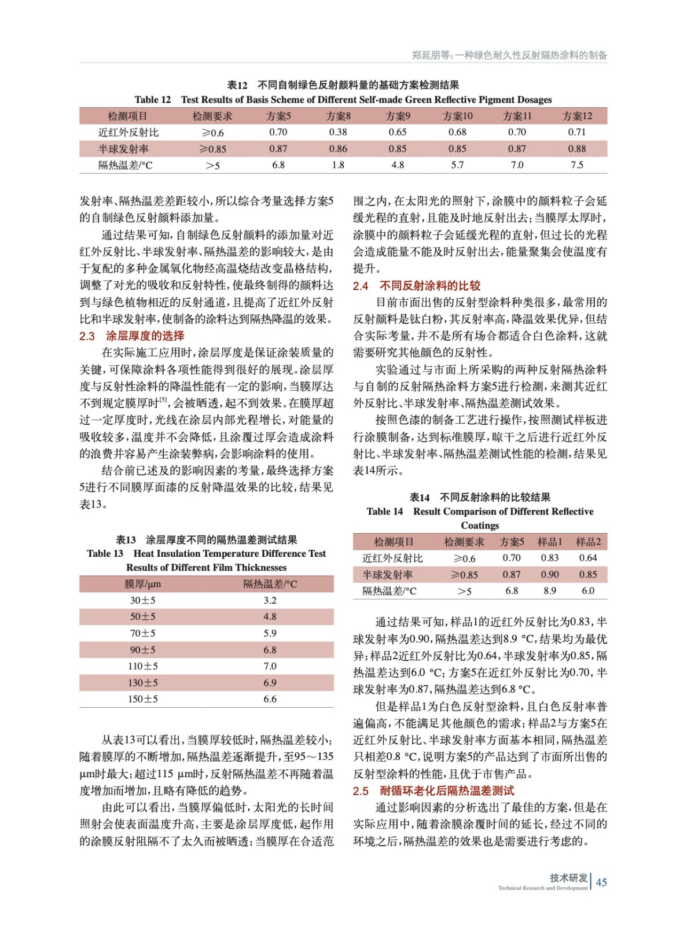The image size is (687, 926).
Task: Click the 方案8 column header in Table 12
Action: click(x=338, y=116)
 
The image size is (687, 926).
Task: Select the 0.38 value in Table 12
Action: click(x=338, y=132)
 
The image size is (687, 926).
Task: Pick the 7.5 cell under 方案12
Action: click(x=576, y=165)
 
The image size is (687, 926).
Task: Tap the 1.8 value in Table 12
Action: click(x=338, y=165)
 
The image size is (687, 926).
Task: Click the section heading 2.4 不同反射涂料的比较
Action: click(x=417, y=285)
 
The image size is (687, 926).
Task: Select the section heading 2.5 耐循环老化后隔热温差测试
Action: click(x=433, y=791)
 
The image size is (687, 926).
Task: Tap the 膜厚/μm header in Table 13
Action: click(x=142, y=584)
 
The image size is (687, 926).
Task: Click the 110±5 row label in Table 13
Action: click(x=142, y=666)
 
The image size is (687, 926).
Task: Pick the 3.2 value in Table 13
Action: click(x=270, y=600)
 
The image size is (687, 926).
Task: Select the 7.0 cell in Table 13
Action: click(x=270, y=666)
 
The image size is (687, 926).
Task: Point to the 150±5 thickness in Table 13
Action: click(x=142, y=699)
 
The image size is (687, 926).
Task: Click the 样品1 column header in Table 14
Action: click(x=550, y=542)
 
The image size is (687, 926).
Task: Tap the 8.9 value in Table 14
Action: click(x=550, y=591)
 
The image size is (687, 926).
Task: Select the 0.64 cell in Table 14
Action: click(x=588, y=558)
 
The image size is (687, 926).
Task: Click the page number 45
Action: click(x=601, y=882)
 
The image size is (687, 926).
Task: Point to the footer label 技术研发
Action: click(x=568, y=877)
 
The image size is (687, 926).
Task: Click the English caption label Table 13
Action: click(x=105, y=553)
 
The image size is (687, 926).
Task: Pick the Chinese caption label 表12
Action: click(x=237, y=85)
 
